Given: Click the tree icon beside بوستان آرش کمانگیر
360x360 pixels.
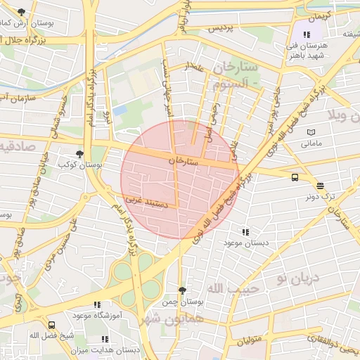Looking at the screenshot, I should (x=22, y=12).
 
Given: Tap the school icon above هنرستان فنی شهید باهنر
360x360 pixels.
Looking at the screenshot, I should (x=307, y=34).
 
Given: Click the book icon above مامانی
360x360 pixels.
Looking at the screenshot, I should (x=311, y=132).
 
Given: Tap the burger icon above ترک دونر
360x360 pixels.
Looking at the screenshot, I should (x=321, y=186).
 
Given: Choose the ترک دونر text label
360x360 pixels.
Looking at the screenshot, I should (x=321, y=198).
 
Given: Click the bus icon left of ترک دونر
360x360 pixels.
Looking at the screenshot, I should (x=294, y=177).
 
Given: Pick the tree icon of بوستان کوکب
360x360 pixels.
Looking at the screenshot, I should (x=79, y=153).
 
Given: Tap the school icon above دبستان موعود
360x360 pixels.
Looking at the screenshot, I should (x=245, y=231).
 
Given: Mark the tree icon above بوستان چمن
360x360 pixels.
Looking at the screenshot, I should (x=183, y=290).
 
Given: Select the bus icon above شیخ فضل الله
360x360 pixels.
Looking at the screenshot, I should (x=52, y=325).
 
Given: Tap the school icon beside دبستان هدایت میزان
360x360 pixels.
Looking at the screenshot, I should (x=105, y=339).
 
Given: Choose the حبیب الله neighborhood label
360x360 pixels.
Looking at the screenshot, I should (x=233, y=288).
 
